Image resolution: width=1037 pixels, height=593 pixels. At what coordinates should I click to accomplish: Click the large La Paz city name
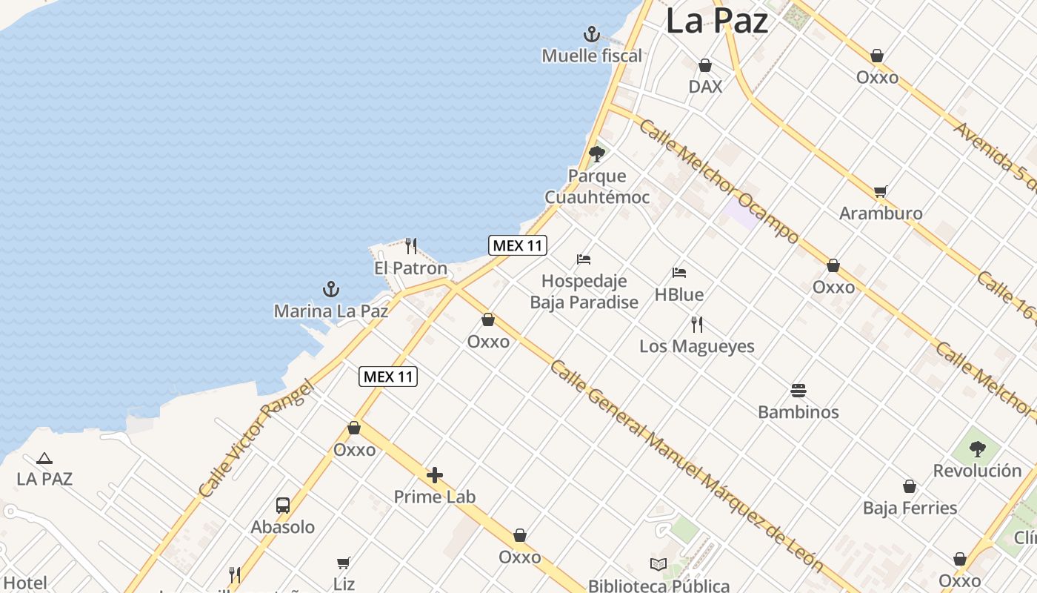716,21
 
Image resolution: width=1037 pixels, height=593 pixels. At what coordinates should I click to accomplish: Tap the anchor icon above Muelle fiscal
591,34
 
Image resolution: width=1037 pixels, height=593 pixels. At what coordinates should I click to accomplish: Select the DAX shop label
705,87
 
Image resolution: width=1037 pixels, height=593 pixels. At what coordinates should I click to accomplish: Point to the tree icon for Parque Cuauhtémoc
596,154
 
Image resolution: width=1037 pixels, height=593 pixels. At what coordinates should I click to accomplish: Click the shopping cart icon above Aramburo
880,192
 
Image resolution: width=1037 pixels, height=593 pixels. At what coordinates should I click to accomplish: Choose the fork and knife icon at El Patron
411,245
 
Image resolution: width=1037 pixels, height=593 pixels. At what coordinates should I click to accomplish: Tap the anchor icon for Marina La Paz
331,289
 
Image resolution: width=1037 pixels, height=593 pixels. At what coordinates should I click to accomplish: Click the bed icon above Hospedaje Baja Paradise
584,259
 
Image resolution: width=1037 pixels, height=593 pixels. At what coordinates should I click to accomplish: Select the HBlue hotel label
679,295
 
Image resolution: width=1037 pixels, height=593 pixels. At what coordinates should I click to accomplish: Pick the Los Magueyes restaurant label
697,346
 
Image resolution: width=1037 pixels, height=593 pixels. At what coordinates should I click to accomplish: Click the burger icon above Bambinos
798,390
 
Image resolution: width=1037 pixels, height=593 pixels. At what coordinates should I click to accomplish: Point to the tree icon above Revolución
977,448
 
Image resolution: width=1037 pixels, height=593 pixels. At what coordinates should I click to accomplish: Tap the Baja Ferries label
910,508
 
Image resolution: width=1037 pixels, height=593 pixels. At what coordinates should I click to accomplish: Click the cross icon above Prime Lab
435,474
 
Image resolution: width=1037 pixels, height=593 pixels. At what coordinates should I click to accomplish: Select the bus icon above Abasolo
283,506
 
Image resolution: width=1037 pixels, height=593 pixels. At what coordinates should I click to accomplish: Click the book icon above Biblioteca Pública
658,565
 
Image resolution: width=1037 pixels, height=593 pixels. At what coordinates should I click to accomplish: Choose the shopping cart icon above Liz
343,563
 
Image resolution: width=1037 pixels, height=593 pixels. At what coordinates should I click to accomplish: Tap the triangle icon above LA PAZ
44,459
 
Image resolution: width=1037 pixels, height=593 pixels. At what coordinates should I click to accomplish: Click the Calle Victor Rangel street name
252,440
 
